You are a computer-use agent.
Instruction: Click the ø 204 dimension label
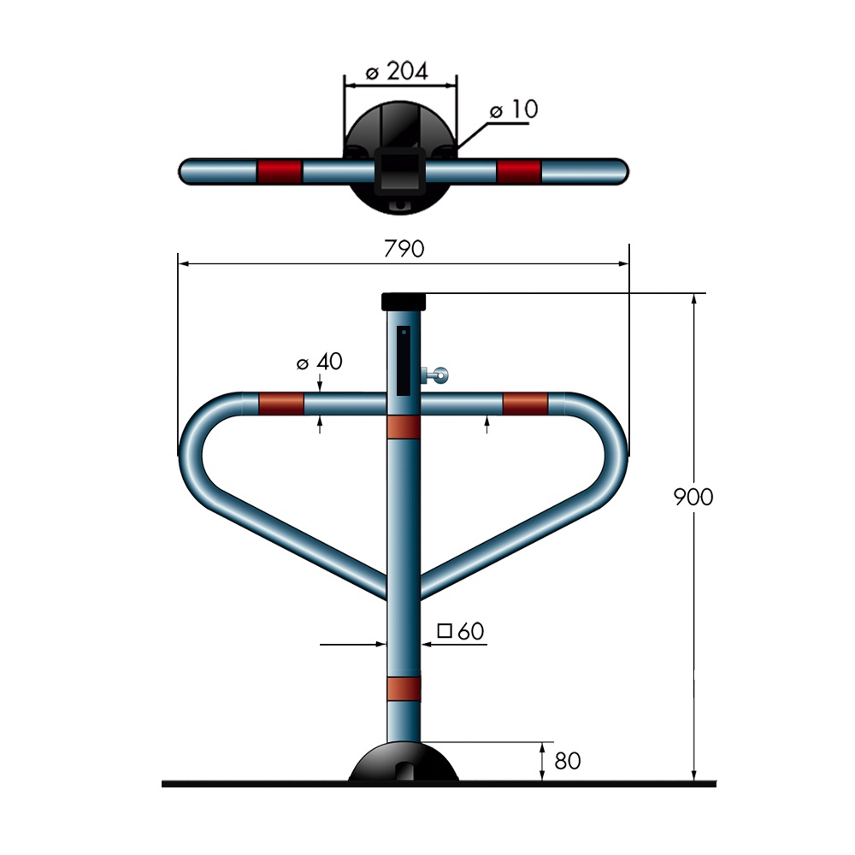coord(397,71)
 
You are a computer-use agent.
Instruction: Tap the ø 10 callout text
coord(514,109)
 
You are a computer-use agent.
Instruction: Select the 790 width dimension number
coord(404,249)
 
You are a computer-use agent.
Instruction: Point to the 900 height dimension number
coord(693,497)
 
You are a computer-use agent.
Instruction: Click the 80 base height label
coord(568,761)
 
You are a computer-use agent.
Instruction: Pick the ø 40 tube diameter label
coord(320,361)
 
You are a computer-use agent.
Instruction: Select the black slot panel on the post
coord(404,361)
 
